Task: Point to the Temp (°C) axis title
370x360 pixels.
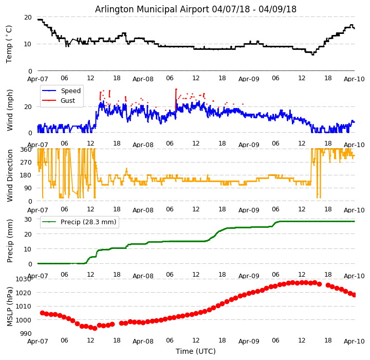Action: pos(9,44)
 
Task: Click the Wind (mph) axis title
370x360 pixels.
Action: pos(10,110)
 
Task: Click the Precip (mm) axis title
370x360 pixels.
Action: pos(10,241)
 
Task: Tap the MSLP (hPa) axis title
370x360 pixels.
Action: pos(10,306)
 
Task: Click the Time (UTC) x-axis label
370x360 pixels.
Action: pos(196,351)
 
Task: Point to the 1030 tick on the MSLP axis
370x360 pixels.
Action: pos(24,279)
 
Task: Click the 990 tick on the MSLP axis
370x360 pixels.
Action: pos(26,334)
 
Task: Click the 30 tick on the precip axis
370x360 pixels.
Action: pos(28,219)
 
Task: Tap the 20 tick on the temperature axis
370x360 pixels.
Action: pos(28,17)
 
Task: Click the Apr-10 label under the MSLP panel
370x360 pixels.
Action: pos(354,341)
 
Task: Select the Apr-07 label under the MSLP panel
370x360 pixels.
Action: pos(38,341)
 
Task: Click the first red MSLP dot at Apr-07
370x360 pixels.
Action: pos(42,313)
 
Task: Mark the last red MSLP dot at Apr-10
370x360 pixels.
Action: pos(354,295)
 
